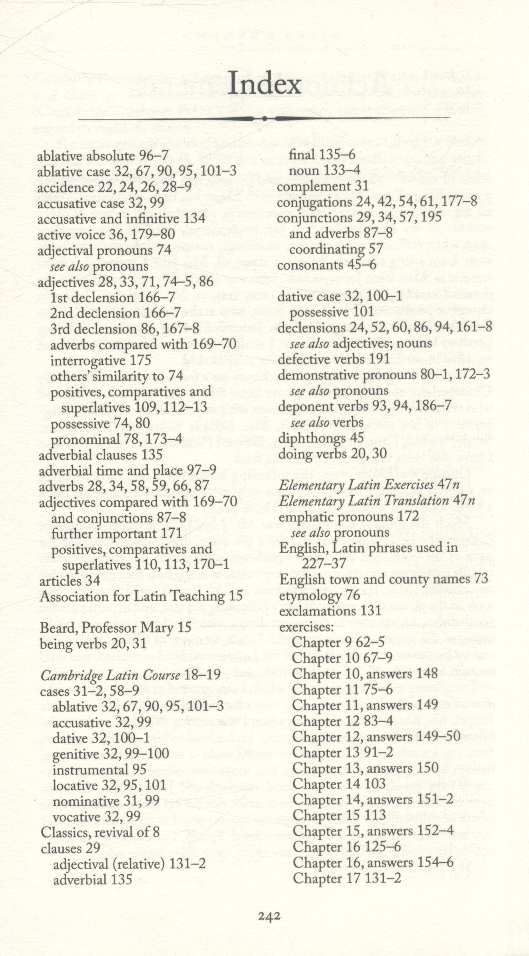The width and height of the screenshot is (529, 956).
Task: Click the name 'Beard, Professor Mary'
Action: click(x=107, y=628)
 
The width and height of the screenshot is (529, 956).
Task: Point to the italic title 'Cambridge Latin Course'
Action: click(x=111, y=675)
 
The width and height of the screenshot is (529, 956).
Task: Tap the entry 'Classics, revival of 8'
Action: click(x=100, y=832)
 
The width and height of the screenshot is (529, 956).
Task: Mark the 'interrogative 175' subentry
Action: click(x=100, y=360)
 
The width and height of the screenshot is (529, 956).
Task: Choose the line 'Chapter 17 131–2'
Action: click(x=347, y=878)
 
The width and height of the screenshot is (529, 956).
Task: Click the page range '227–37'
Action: click(x=324, y=564)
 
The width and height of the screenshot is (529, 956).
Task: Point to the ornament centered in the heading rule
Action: click(x=264, y=119)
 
